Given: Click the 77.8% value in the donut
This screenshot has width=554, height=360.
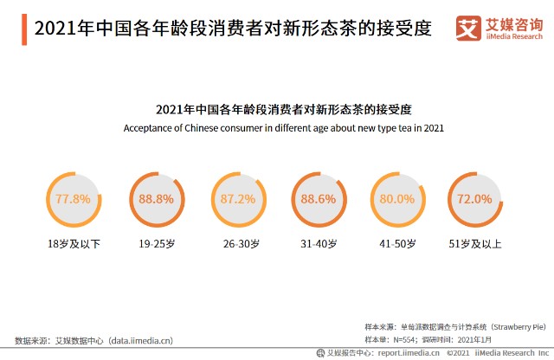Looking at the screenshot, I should click(x=73, y=199).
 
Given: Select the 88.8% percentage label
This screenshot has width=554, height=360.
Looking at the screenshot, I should click(x=156, y=199).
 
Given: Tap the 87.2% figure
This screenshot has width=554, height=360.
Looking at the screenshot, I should click(x=238, y=199).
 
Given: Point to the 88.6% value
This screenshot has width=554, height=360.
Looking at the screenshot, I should click(x=318, y=199).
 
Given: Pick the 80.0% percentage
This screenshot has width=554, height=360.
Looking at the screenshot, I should click(x=397, y=199).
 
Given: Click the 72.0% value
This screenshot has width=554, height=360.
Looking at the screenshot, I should click(x=474, y=199).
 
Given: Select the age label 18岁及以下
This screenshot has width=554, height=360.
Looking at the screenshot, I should click(x=74, y=244).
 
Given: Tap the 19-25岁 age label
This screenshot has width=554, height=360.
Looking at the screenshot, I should click(x=156, y=244).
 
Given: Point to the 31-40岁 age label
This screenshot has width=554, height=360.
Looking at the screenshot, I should click(x=319, y=244).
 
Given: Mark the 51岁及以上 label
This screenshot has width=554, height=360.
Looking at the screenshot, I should click(x=475, y=244).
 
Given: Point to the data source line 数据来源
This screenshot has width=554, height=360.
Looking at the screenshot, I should click(x=94, y=340).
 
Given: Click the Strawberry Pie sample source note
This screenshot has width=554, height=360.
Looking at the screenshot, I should click(x=455, y=327).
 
